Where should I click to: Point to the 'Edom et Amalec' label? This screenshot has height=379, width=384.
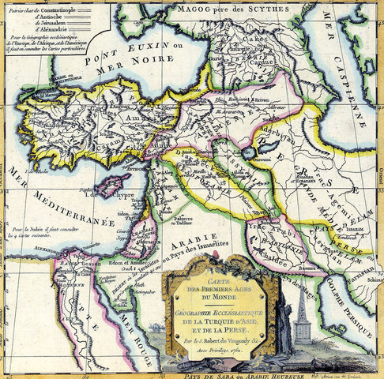click(102, 261)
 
